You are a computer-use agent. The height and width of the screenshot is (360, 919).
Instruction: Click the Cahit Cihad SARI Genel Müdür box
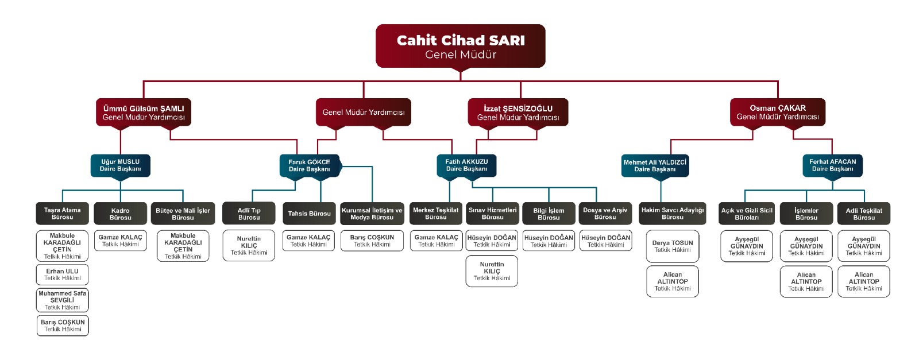[x=460, y=46]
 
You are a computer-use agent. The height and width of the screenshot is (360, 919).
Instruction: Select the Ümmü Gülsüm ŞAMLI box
[x=144, y=113]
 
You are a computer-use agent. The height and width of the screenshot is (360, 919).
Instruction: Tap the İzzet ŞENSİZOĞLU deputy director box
[x=518, y=113]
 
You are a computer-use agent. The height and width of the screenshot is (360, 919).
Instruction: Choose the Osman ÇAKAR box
[x=778, y=112]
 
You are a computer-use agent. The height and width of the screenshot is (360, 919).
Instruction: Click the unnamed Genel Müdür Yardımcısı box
[x=363, y=112]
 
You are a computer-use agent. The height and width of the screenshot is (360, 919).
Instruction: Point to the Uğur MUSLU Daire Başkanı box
[x=121, y=165]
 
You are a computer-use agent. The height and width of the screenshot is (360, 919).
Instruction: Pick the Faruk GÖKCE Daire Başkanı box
[x=310, y=165]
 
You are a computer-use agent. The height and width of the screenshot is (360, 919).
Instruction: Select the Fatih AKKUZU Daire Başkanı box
[x=466, y=165]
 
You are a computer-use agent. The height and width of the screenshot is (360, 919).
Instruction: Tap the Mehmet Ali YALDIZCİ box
[x=655, y=165]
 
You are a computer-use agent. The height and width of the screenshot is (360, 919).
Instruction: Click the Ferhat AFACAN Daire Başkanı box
[x=832, y=165]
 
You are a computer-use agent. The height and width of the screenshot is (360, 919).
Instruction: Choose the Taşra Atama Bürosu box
[x=63, y=214]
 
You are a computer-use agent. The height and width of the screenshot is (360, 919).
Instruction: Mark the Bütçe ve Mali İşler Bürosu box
[x=183, y=214]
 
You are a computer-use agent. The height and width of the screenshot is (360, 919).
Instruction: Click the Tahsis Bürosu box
[x=309, y=214]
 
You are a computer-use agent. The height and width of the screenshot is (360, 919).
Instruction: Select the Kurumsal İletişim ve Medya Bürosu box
[x=372, y=214]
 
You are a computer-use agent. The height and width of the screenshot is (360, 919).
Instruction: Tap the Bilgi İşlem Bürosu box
[x=549, y=214]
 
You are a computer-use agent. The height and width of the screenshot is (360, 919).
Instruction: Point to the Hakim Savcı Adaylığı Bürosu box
[x=673, y=214]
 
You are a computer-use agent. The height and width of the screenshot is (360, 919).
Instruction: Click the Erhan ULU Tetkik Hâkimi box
[x=63, y=274]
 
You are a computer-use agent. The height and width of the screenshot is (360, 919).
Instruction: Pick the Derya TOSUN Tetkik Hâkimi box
[x=673, y=246]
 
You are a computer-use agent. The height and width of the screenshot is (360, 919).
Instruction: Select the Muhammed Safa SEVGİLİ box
[x=63, y=300]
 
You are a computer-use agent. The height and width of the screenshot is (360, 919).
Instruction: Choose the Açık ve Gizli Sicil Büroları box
[x=747, y=214]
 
